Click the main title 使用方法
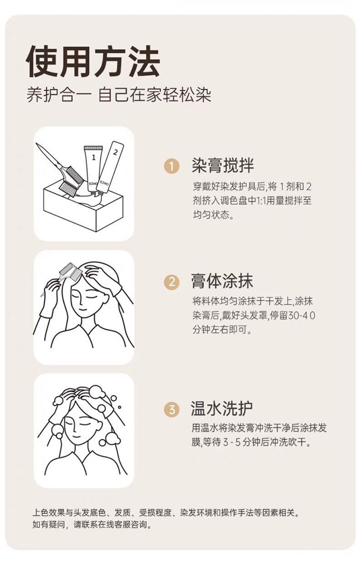point(93,61)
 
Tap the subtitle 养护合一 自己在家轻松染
point(119,95)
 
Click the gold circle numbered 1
point(172,166)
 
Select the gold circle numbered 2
point(172,282)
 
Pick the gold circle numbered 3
point(172,409)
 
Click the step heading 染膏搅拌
point(223,165)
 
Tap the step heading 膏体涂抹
point(222,281)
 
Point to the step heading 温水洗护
point(221,409)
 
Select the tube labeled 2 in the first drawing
point(111,168)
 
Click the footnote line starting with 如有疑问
point(92,524)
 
